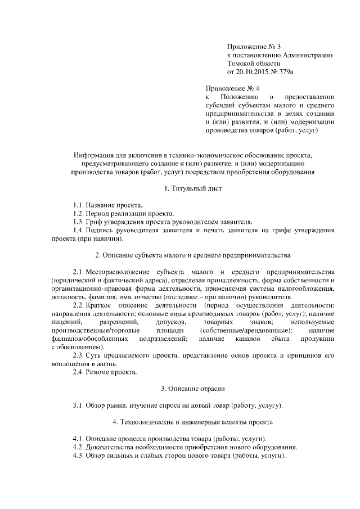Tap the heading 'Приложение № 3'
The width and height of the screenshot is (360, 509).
pyautogui.click(x=251, y=46)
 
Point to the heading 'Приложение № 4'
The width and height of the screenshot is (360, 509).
pyautogui.click(x=232, y=88)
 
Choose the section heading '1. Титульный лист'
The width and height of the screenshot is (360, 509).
pyautogui.click(x=192, y=188)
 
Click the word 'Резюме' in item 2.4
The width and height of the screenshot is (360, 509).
pyautogui.click(x=99, y=372)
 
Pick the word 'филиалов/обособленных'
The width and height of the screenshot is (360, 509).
pyautogui.click(x=85, y=339)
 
